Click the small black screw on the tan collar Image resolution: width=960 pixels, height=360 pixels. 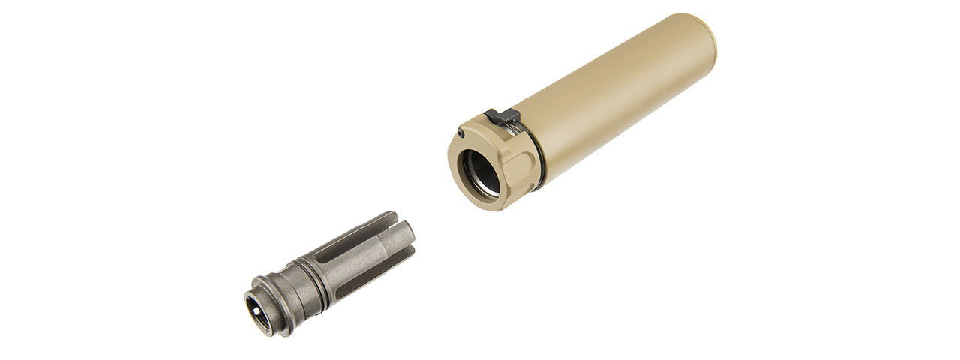point(460,134)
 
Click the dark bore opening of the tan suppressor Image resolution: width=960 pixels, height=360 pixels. point(479,174)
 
